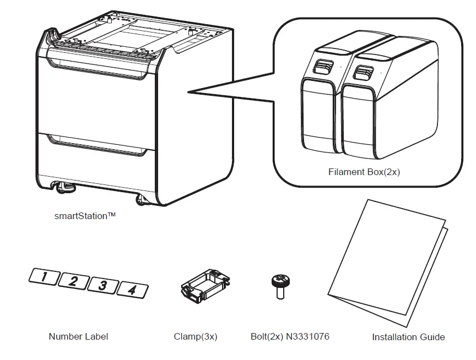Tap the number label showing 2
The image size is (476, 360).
pyautogui.click(x=74, y=281)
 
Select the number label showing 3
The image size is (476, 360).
pyautogui.click(x=103, y=285)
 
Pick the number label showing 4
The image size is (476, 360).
pyautogui.click(x=132, y=289)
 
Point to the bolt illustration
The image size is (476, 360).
pyautogui.click(x=279, y=286)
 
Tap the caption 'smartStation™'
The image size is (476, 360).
pyautogui.click(x=85, y=216)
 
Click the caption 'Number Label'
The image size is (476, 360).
pyautogui.click(x=78, y=336)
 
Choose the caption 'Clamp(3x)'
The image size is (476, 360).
pyautogui.click(x=196, y=336)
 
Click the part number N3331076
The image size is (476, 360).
pyautogui.click(x=307, y=336)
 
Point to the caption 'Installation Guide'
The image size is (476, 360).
pyautogui.click(x=408, y=337)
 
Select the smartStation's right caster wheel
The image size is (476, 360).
pyautogui.click(x=142, y=199)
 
